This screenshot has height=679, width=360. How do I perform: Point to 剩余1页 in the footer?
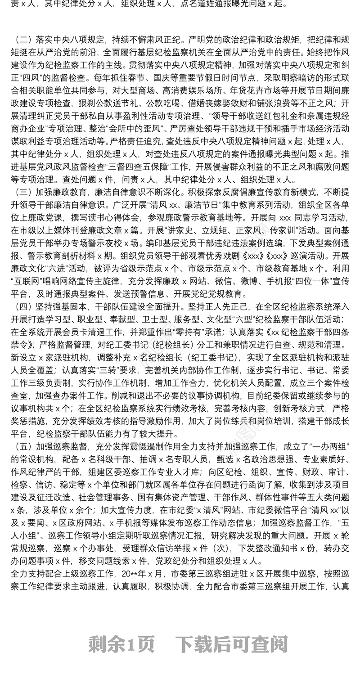[x=121, y=644]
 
